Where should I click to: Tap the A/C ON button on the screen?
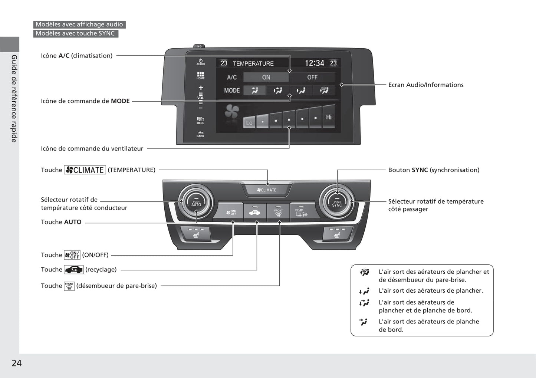[x=266, y=77]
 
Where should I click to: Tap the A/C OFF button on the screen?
[x=312, y=77]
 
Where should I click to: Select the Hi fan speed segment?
[x=329, y=117]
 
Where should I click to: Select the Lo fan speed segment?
[x=249, y=122]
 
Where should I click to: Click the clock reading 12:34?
[x=314, y=63]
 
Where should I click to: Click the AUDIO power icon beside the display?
[x=201, y=62]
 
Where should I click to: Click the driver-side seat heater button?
[x=196, y=234]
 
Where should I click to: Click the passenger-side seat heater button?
[x=337, y=234]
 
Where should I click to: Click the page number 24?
[x=17, y=363]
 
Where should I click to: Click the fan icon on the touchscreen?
[x=232, y=111]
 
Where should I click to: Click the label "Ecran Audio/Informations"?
[x=426, y=85]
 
